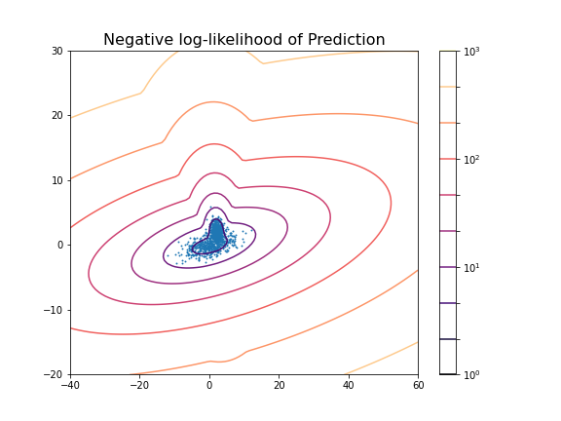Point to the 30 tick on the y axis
[58, 51]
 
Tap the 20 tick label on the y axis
[58, 115]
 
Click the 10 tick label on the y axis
[58, 180]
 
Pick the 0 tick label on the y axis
[61, 245]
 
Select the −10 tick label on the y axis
[56, 310]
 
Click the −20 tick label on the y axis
[56, 374]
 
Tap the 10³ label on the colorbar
[471, 51]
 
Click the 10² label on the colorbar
[471, 159]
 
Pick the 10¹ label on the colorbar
[471, 267]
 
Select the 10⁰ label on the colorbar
[471, 374]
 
